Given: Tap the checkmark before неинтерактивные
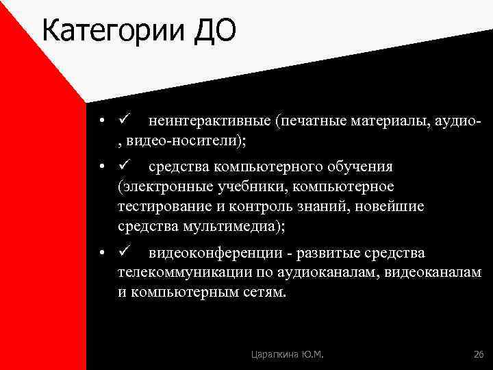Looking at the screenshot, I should tap(124, 121).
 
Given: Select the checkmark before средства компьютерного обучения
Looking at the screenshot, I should tap(124, 166).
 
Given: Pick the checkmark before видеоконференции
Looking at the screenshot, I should tap(124, 253).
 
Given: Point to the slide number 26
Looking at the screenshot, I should tap(478, 354).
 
